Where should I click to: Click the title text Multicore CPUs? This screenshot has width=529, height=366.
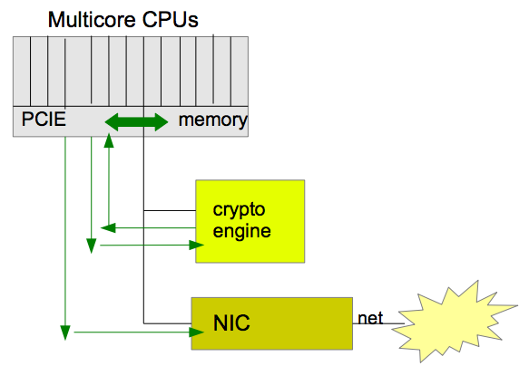coord(123,20)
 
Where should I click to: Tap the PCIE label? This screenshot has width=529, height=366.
coord(44,120)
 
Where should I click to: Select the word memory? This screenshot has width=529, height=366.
coord(213,120)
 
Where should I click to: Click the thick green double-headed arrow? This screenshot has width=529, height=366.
coord(136,122)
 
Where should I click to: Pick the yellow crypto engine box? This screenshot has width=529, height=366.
coord(250,221)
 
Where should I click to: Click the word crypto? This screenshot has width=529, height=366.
coord(239,210)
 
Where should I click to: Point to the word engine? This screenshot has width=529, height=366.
coord(241,232)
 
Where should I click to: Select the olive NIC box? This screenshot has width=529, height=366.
coord(272,323)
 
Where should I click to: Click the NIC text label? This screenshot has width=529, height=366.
coord(231,323)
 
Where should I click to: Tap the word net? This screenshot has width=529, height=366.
coord(370,318)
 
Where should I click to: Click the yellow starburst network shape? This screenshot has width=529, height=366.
coord(455,321)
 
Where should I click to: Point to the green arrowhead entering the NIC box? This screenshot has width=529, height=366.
coord(196,332)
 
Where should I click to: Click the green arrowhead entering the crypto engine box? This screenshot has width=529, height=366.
coord(196,245)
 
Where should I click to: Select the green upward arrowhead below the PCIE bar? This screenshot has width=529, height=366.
coord(109,140)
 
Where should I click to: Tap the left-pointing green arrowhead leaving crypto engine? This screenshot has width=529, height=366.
coord(108,228)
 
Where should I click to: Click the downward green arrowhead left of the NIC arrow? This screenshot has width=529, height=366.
coord(65,332)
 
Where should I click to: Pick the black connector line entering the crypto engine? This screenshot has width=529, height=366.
coord(170,210)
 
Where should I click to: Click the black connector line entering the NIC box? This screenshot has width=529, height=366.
coord(167,323)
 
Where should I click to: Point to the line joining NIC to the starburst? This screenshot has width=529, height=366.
coord(378,323)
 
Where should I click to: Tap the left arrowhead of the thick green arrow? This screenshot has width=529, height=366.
coord(112,122)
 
